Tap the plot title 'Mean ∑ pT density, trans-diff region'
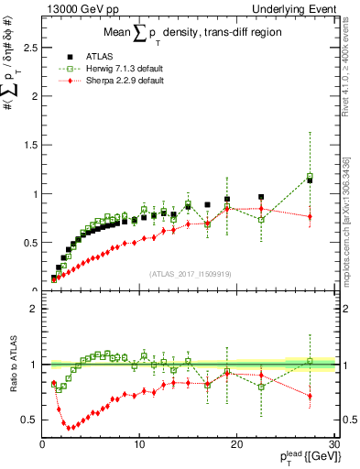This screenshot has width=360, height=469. click(x=191, y=35)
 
